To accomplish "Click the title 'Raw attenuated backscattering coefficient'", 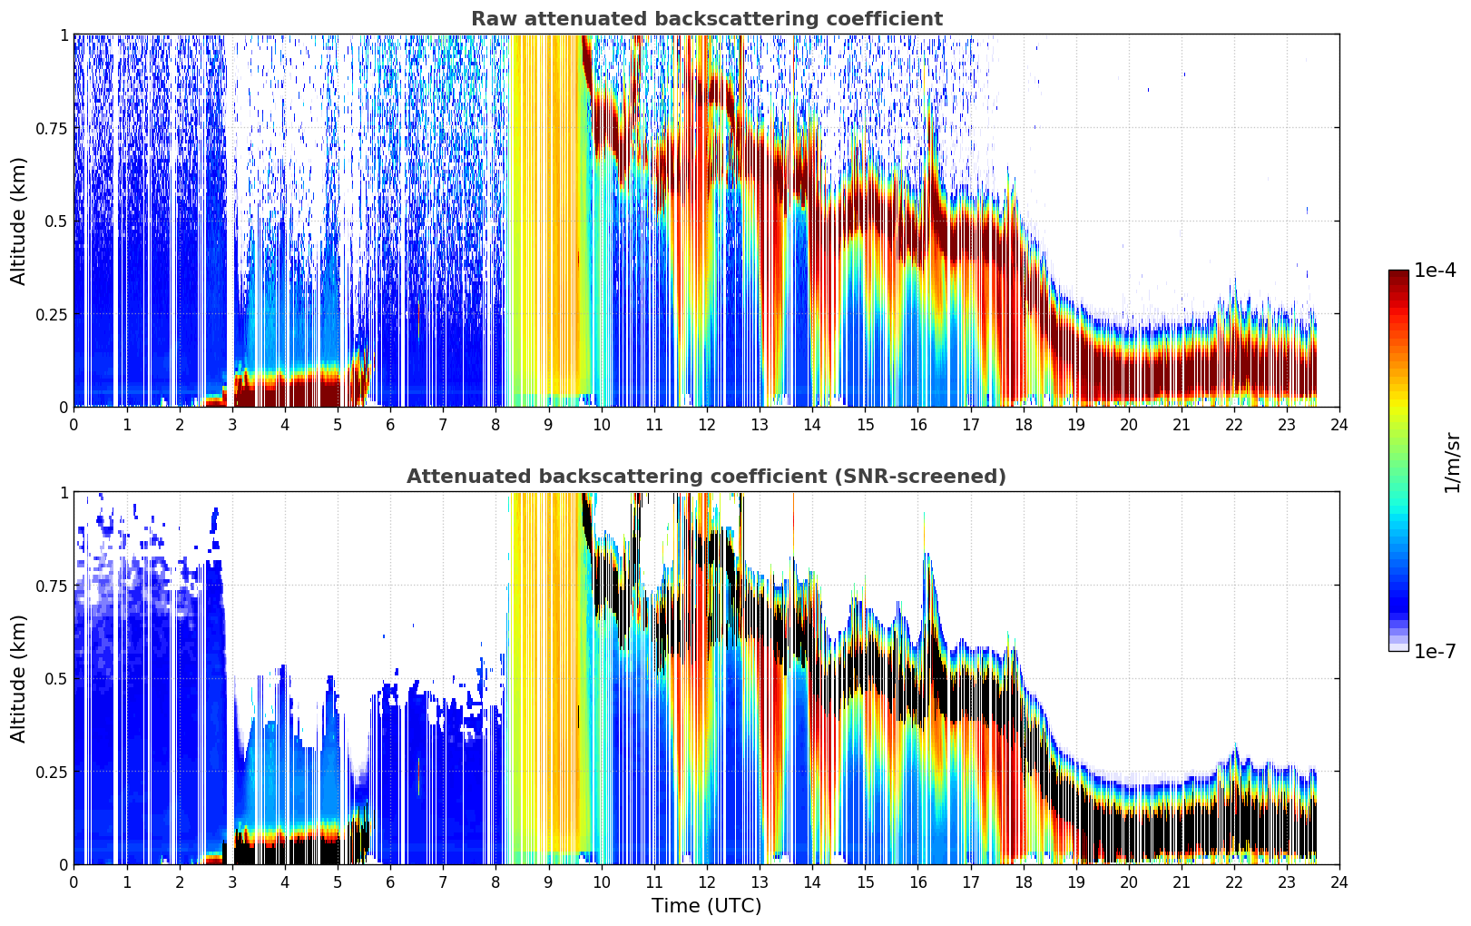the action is (x=707, y=18).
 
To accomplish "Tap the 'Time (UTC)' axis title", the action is (x=707, y=906).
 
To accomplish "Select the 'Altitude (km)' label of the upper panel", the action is (x=18, y=221).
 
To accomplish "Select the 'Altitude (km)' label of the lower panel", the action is (x=18, y=678).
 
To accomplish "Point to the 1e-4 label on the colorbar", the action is (x=1435, y=270).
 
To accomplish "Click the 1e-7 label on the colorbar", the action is (x=1435, y=652).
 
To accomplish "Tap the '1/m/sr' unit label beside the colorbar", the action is (x=1453, y=462).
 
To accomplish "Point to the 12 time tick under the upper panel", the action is (x=707, y=424).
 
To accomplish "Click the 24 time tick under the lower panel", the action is (x=1339, y=882).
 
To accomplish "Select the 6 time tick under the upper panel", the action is (x=390, y=424).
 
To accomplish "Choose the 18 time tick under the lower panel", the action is (x=1023, y=882).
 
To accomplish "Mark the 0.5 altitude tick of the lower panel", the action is (x=56, y=678).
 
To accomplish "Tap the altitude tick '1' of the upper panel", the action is (x=64, y=34).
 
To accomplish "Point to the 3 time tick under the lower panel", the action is (x=231, y=882).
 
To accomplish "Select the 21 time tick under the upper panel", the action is (x=1182, y=424).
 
